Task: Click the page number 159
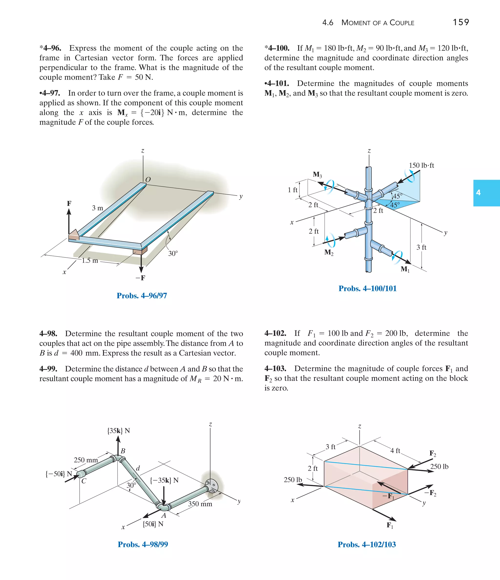point(461,22)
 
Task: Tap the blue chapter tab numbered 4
point(486,193)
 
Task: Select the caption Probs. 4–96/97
point(142,295)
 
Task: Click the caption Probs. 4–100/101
point(367,289)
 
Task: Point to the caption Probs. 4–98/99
point(143,544)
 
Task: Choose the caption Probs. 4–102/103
point(367,544)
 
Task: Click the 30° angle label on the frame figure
point(173,253)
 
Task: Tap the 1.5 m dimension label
point(90,261)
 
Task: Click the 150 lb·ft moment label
point(421,165)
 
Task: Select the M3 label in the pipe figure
point(317,175)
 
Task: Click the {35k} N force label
point(118,430)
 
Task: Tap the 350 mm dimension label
point(200,504)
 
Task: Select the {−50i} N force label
point(59,474)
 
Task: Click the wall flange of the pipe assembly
point(211,487)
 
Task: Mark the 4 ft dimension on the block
point(395,450)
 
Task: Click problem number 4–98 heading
point(48,334)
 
